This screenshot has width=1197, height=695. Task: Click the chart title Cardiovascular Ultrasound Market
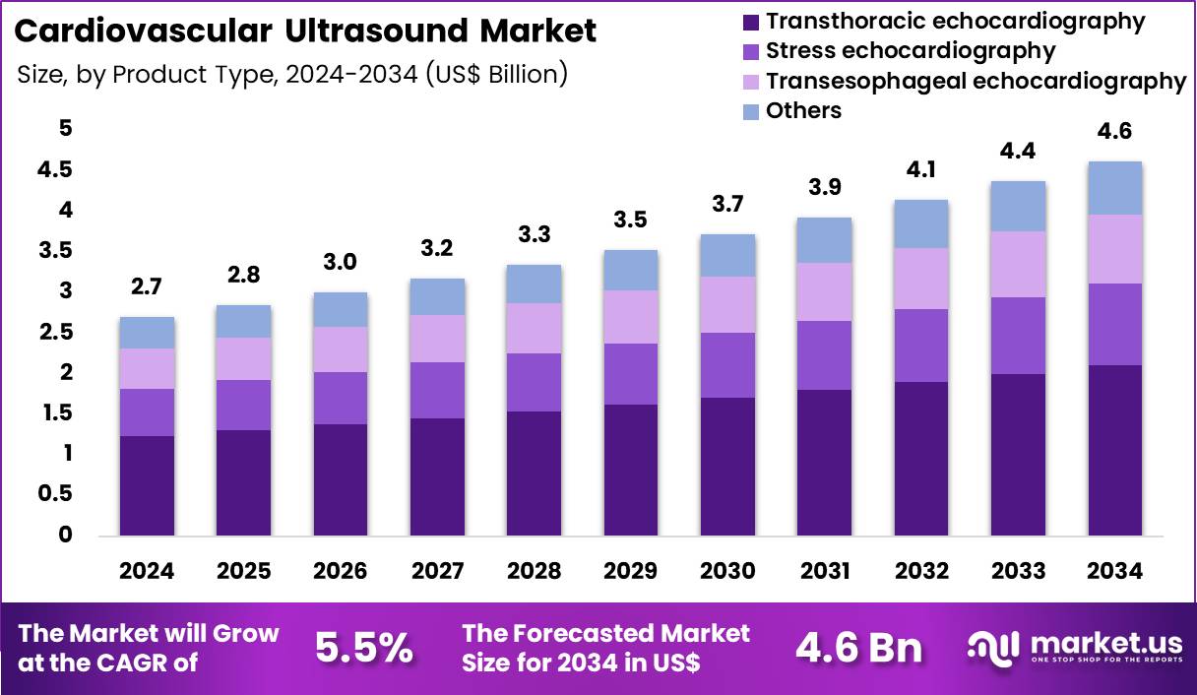(x=306, y=31)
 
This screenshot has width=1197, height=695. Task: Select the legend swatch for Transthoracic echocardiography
(x=751, y=21)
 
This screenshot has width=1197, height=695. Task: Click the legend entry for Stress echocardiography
(x=910, y=50)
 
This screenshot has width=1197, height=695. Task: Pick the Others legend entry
(x=803, y=110)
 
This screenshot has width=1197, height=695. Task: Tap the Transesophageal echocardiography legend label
(x=976, y=81)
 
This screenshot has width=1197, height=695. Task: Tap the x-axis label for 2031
(x=824, y=572)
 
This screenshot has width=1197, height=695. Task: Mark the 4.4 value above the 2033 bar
(x=1018, y=152)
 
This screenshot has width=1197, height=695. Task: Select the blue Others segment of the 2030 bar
(x=727, y=255)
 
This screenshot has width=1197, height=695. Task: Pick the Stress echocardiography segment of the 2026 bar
(x=341, y=398)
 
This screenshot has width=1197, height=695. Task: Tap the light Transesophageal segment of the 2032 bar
(x=921, y=279)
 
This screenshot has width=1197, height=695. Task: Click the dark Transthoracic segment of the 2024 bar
(x=147, y=485)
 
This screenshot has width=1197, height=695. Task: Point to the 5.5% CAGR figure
(x=363, y=648)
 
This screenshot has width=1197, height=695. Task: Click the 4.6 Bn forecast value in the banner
(x=858, y=648)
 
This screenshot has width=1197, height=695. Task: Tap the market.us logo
(x=1074, y=648)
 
